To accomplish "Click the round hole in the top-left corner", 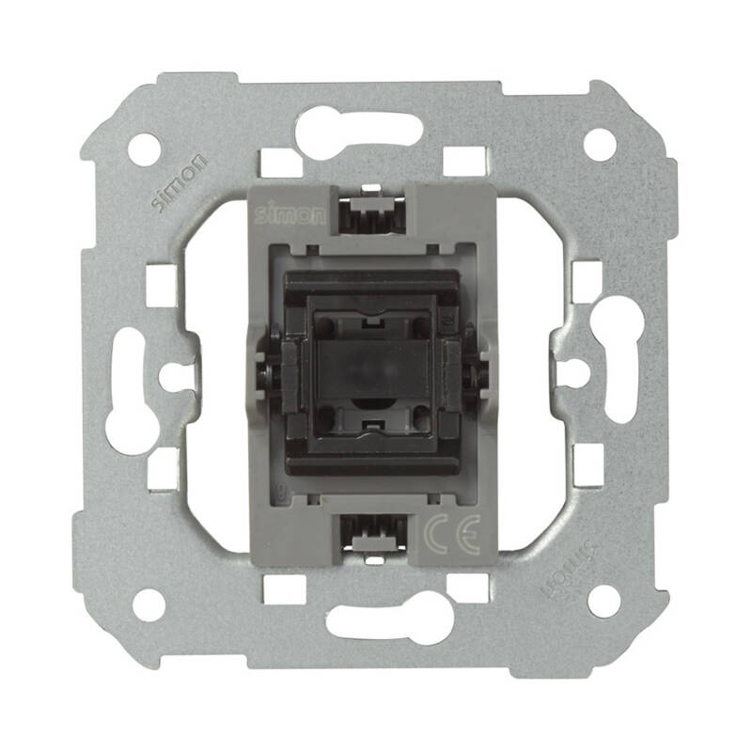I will (x=144, y=149).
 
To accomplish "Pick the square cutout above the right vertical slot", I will (x=586, y=275).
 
